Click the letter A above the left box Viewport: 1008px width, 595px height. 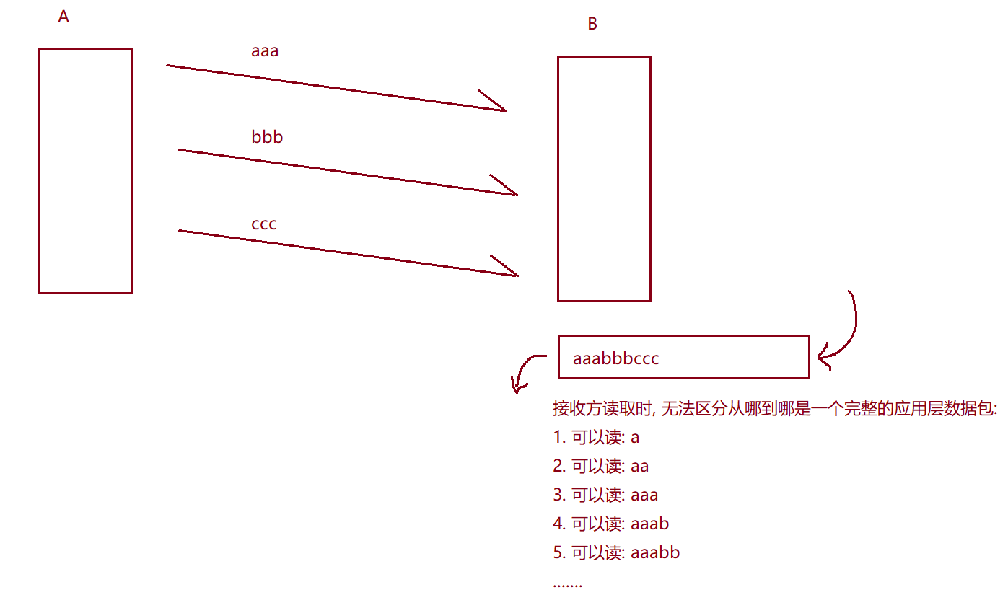63,17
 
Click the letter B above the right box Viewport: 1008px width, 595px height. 592,25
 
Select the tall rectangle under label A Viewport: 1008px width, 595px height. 85,171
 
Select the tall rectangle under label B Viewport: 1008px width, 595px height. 604,179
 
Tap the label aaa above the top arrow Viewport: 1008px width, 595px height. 265,51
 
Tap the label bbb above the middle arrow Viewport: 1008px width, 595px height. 267,137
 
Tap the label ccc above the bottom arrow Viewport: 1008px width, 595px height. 264,224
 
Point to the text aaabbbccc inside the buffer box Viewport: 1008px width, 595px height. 615,358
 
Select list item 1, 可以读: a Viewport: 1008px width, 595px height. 596,438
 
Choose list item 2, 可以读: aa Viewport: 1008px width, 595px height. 600,467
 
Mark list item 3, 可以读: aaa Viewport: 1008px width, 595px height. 605,495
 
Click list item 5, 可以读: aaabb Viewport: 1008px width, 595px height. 616,553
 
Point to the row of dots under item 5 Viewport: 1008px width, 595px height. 567,583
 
